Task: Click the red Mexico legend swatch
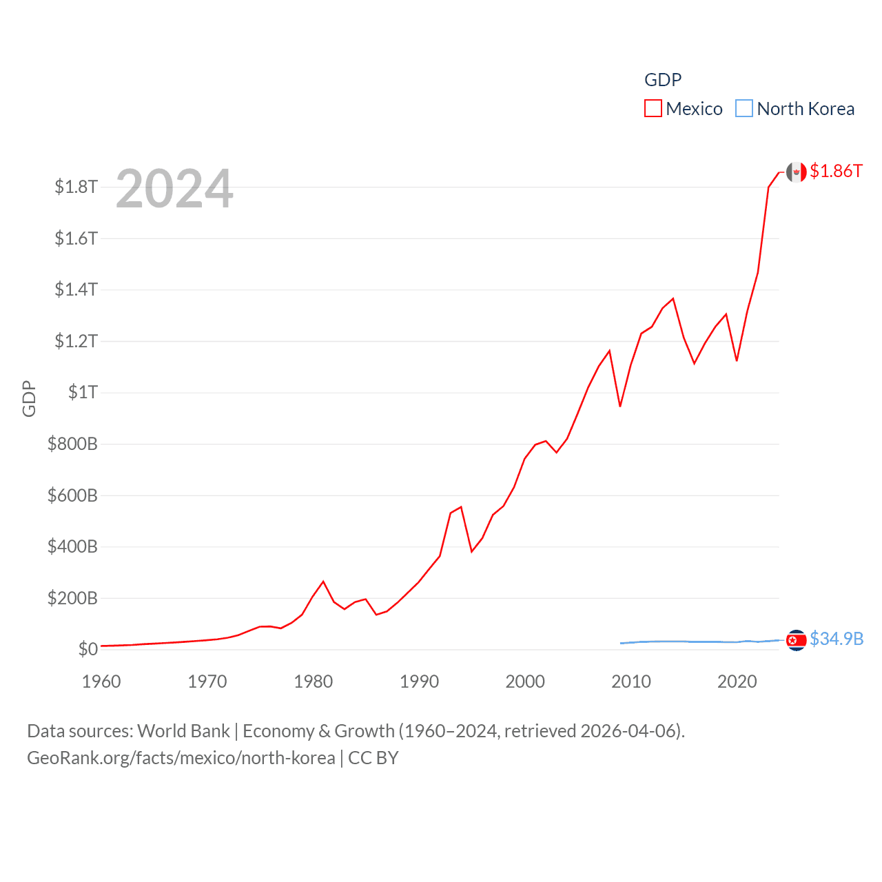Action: [x=653, y=109]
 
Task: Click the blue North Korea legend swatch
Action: [x=744, y=109]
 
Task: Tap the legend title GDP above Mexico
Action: [x=663, y=80]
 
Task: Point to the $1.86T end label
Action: [x=836, y=171]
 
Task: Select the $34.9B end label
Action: [x=837, y=639]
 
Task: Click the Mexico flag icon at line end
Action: [x=797, y=172]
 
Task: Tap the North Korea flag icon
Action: [x=797, y=640]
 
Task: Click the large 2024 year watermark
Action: [x=174, y=189]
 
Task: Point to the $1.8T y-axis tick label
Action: [x=76, y=187]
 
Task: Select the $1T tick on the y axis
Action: [x=83, y=392]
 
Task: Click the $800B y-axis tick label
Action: [x=72, y=444]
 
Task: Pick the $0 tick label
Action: [x=88, y=649]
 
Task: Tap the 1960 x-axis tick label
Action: [x=101, y=681]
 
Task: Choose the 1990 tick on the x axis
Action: [x=419, y=681]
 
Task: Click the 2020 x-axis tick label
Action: [x=737, y=681]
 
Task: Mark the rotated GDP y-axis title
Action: [x=29, y=398]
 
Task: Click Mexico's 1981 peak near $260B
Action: [x=323, y=582]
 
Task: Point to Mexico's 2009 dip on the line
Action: [x=620, y=406]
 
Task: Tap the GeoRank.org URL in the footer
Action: [x=181, y=758]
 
